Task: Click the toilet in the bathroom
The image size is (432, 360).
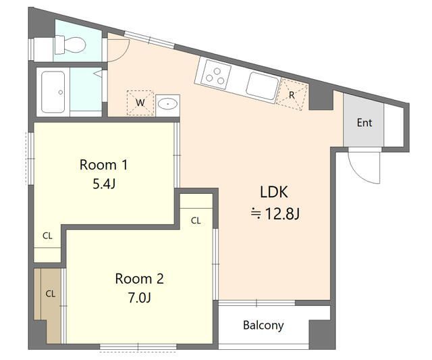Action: point(70,45)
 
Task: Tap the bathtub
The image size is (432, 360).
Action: point(53,92)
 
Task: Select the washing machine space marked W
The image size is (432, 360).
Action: point(140,103)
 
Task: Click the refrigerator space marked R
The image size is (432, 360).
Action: point(292,95)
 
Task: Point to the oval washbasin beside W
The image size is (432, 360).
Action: point(167,104)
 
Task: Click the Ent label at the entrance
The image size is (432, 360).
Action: point(364,123)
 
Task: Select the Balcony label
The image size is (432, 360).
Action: point(263,326)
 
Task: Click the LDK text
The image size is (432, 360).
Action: point(274,192)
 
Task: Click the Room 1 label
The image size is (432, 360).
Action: point(103,165)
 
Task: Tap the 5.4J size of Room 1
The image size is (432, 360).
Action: point(104,184)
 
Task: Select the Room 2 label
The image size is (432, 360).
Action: point(140,278)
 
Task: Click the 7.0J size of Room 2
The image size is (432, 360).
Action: point(140,298)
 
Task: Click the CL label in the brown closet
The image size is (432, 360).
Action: point(51,294)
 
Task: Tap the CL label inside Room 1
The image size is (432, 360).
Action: point(47,236)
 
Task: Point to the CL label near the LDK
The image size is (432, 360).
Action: point(196,220)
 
